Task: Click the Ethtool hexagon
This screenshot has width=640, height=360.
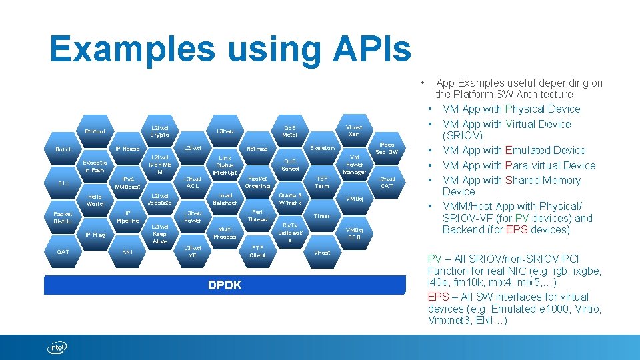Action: click(x=95, y=131)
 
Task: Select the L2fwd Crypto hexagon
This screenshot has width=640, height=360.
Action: click(x=160, y=131)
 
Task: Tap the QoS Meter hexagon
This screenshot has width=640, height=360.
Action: click(x=290, y=131)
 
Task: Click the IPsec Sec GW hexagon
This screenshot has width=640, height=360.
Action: click(x=387, y=148)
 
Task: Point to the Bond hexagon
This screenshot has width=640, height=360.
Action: click(x=63, y=149)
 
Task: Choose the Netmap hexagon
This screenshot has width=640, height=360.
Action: click(x=257, y=149)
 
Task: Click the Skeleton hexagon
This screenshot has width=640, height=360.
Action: click(x=322, y=148)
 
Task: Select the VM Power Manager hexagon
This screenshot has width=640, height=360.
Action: click(x=354, y=165)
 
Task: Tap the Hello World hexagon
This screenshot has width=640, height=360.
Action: click(x=95, y=200)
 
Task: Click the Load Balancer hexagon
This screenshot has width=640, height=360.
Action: click(x=225, y=199)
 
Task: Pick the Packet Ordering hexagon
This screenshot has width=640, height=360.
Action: click(x=257, y=182)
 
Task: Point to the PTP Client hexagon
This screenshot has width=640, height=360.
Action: click(x=257, y=251)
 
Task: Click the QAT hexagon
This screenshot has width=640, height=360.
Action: click(x=63, y=251)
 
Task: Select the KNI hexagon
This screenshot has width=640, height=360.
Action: click(x=127, y=252)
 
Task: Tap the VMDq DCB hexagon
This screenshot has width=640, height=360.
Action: click(x=354, y=233)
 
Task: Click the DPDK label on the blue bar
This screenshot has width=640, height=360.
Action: click(x=225, y=285)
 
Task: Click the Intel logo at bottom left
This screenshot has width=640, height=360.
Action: click(x=57, y=347)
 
